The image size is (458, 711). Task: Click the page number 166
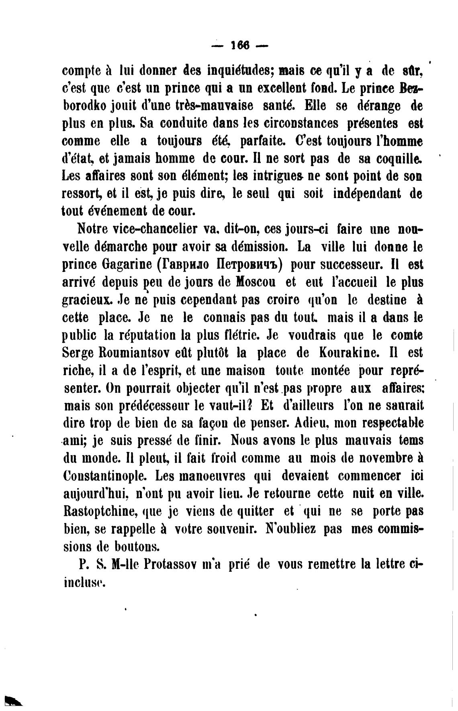(x=240, y=45)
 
